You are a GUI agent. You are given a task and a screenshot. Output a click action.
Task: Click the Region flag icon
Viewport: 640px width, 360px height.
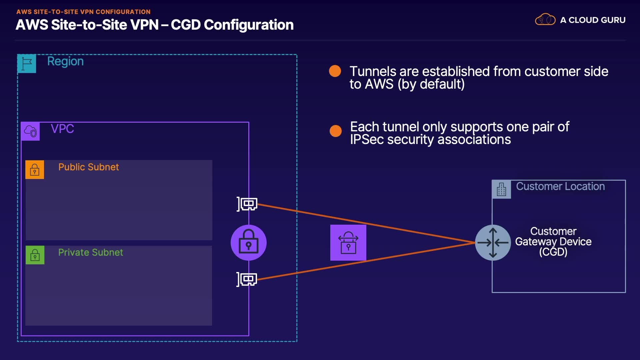(27, 63)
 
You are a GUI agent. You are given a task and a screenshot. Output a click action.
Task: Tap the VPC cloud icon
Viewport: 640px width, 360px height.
(30, 131)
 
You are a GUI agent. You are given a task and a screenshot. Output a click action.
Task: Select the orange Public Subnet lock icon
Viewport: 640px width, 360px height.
(35, 170)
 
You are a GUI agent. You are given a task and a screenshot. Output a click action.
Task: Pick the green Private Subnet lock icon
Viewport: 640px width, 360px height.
(35, 255)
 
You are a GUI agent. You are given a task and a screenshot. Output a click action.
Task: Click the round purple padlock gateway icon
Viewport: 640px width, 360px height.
(249, 243)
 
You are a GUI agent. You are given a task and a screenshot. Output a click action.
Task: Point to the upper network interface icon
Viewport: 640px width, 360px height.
(247, 204)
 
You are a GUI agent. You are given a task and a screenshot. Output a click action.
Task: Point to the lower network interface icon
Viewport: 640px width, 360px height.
(247, 279)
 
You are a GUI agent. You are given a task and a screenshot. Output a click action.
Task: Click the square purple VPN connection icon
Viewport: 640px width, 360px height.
(348, 243)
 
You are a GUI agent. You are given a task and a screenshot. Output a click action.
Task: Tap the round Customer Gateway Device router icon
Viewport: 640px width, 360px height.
(493, 243)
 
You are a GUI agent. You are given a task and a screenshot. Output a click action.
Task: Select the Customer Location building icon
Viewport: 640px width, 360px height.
(501, 189)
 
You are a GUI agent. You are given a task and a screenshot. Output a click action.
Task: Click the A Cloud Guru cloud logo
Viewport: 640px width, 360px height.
(545, 20)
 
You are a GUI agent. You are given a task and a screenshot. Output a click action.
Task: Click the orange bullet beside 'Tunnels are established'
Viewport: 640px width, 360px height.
(335, 71)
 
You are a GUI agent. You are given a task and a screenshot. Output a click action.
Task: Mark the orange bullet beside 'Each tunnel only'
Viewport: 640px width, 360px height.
(336, 131)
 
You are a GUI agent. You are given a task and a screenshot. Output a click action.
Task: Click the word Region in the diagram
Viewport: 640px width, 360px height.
(65, 61)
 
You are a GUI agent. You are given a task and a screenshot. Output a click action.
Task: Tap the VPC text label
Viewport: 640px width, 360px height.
(62, 129)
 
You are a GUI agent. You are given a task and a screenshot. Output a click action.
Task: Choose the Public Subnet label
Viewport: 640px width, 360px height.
(88, 167)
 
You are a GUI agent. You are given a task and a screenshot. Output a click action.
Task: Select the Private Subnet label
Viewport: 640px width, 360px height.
(90, 252)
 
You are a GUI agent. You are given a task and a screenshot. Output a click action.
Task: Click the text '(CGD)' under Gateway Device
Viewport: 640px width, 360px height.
(553, 252)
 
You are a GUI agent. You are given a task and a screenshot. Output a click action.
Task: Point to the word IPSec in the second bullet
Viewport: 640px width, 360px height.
(367, 139)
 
